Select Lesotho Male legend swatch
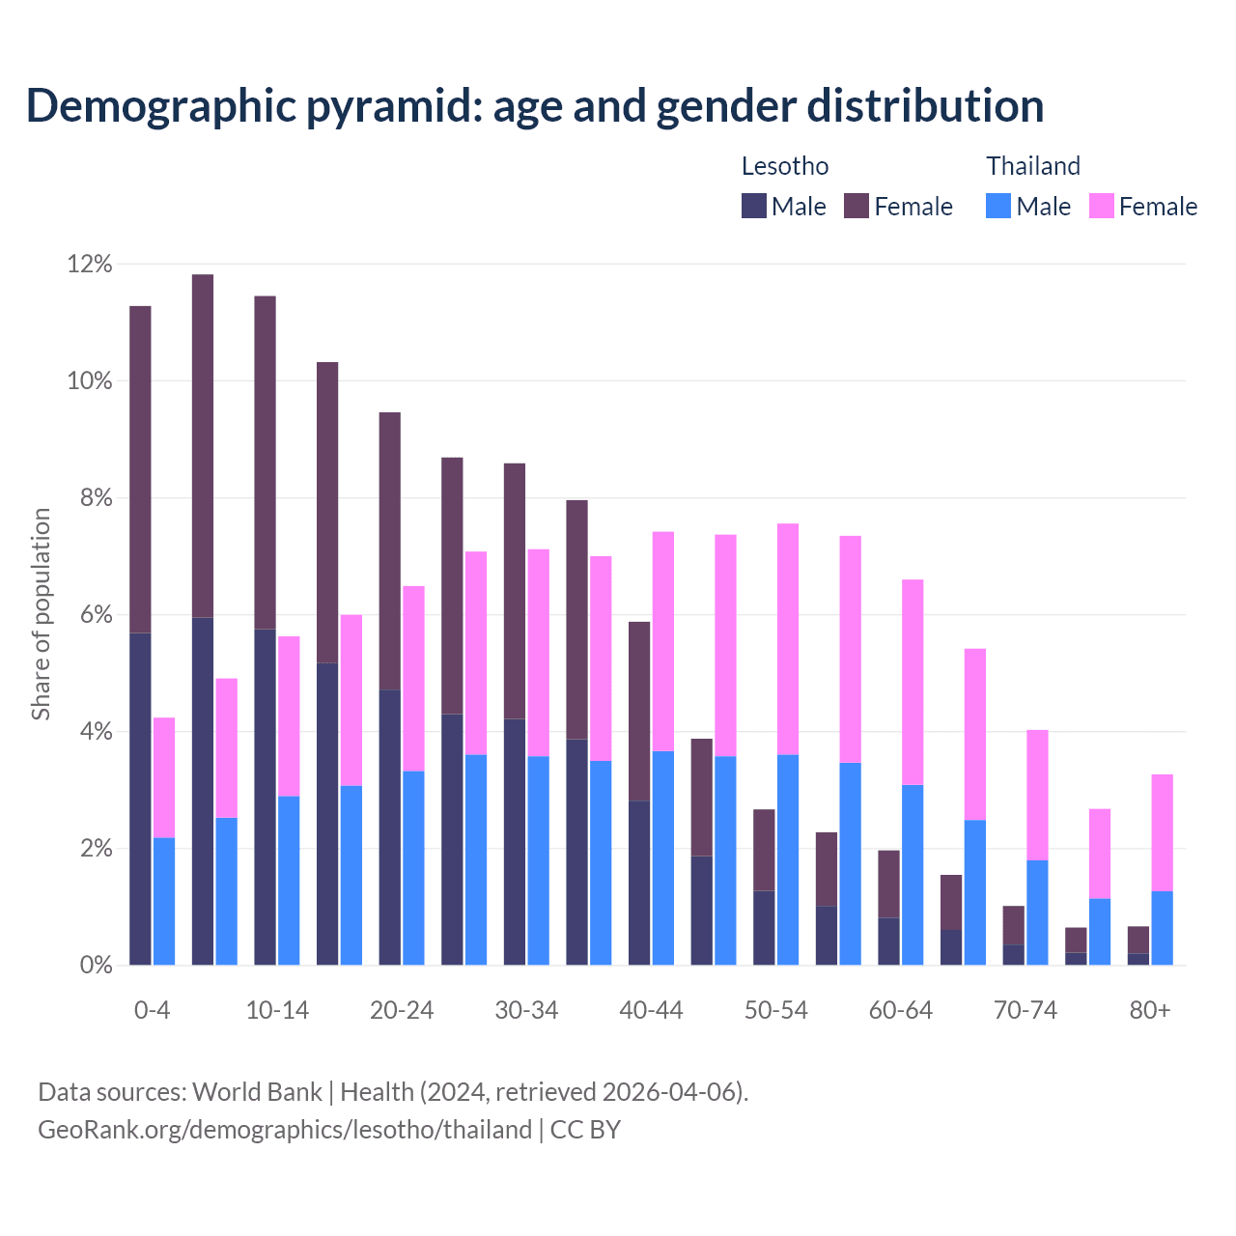pos(753,206)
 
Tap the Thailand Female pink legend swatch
pos(1101,206)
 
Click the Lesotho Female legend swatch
pos(857,206)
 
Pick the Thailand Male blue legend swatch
pos(998,206)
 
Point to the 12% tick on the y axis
pos(90,264)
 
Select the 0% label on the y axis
pos(95,966)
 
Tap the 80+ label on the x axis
pos(1150,1011)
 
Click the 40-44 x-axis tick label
pos(651,1011)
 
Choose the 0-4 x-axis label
pos(152,1011)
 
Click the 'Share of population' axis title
pos(41,614)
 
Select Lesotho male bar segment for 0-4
pos(140,799)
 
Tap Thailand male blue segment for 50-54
pos(788,859)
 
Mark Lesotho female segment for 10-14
pos(265,463)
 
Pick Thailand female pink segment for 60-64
pos(913,682)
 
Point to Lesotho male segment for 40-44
pos(639,883)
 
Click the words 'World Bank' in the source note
pos(257,1092)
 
